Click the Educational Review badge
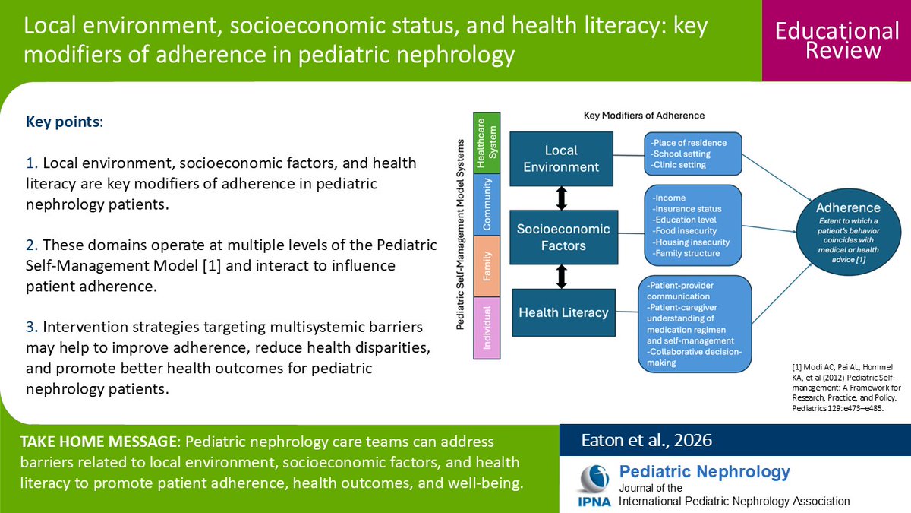click(x=837, y=40)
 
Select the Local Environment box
click(x=561, y=159)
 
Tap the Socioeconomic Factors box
click(x=563, y=236)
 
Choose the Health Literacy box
click(x=563, y=312)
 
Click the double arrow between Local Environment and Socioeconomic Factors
click(x=562, y=198)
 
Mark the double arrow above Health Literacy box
click(x=562, y=275)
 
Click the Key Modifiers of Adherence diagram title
click(x=644, y=116)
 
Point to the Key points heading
click(x=65, y=122)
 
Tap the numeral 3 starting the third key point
click(x=30, y=327)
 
